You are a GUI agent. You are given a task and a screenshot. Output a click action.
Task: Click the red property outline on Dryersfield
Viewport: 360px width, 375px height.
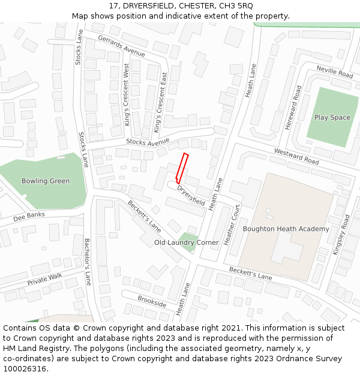click(182, 169)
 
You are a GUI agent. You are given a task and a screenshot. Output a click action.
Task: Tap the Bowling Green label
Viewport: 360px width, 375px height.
click(46, 181)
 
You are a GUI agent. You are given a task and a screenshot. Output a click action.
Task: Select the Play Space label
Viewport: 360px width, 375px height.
click(332, 118)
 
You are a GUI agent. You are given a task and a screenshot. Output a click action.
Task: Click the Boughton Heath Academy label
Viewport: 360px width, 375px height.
click(286, 229)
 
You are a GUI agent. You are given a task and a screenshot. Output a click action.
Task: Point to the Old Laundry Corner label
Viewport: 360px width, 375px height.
click(186, 242)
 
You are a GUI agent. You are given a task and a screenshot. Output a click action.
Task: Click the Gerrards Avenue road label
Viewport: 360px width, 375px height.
click(122, 46)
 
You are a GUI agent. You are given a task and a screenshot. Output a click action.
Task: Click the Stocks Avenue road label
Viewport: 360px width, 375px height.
click(148, 142)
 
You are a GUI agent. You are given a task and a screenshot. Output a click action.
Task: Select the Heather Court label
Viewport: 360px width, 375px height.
click(232, 225)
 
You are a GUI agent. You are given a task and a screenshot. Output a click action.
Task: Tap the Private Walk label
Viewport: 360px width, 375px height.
click(44, 279)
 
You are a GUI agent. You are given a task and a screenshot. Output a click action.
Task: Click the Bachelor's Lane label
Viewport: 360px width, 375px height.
click(88, 262)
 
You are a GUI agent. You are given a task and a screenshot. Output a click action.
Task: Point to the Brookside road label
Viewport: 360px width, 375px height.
click(152, 301)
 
